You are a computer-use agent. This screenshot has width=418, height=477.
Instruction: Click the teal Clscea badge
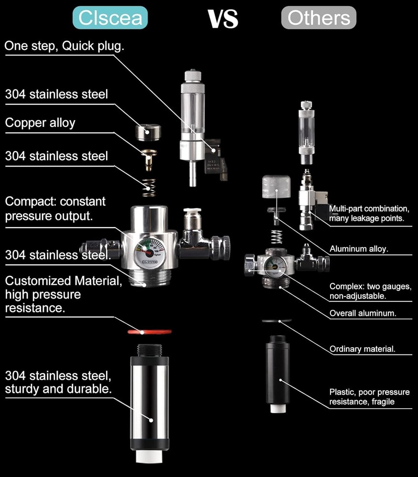click(x=110, y=18)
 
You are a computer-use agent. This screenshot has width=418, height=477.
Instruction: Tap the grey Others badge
click(x=319, y=18)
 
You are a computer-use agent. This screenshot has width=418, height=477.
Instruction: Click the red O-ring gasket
click(x=149, y=331)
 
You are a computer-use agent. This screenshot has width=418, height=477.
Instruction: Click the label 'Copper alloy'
click(x=40, y=123)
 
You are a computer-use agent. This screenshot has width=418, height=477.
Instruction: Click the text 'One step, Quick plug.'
click(x=64, y=46)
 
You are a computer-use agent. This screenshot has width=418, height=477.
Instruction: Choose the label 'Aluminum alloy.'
click(x=359, y=249)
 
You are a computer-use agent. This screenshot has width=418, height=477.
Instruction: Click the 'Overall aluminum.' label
click(x=363, y=313)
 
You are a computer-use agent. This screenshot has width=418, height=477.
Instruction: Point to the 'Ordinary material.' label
click(x=363, y=349)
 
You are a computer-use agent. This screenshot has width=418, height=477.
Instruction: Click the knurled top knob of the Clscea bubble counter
click(x=191, y=76)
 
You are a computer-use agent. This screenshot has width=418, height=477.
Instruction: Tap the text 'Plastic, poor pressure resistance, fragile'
click(x=369, y=397)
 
